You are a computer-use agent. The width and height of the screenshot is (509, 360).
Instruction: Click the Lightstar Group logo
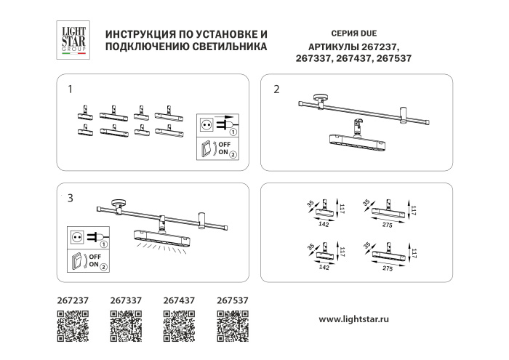tap(72, 39)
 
